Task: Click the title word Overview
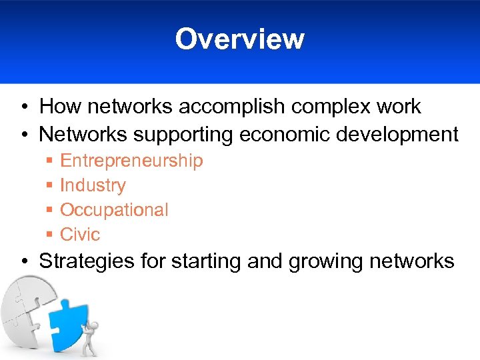point(239,39)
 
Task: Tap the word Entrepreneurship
point(131,161)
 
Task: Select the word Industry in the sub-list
point(93,185)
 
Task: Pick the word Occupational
point(114,210)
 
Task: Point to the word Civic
point(80,235)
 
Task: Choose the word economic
point(284,135)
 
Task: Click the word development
point(397,135)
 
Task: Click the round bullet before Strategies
point(23,261)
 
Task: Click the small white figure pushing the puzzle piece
point(89,336)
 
